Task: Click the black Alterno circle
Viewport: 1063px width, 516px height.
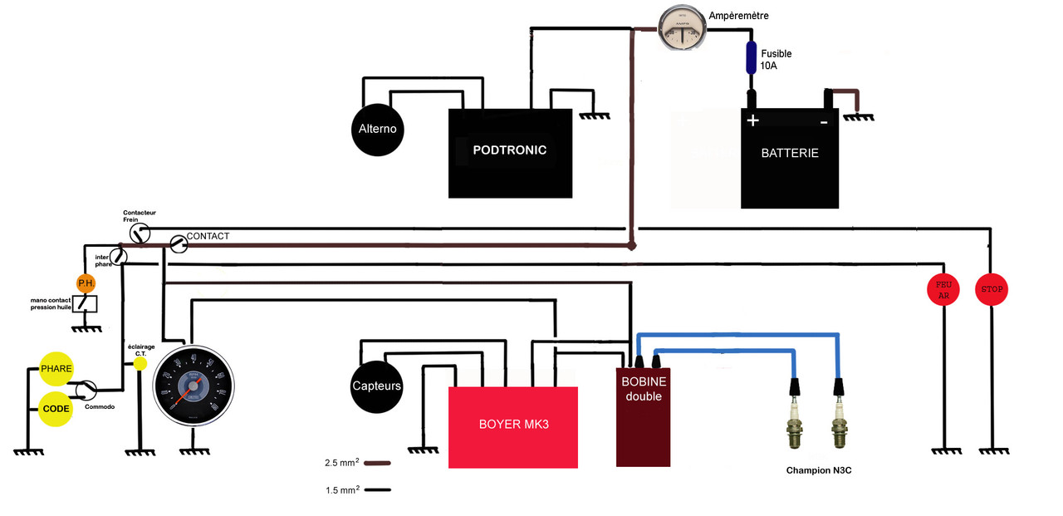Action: pyautogui.click(x=377, y=130)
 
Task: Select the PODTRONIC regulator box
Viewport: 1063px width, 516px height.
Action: pyautogui.click(x=510, y=153)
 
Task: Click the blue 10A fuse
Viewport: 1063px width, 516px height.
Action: pyautogui.click(x=752, y=57)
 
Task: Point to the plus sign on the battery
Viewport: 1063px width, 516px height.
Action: pyautogui.click(x=752, y=120)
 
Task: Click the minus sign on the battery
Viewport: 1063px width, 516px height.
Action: pyautogui.click(x=824, y=121)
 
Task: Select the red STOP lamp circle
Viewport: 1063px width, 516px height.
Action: pyautogui.click(x=992, y=290)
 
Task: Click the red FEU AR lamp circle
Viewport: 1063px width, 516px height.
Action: pyautogui.click(x=943, y=290)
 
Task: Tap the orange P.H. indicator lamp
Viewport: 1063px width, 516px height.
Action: pyautogui.click(x=86, y=283)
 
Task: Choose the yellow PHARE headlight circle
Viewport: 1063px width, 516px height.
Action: pyautogui.click(x=56, y=369)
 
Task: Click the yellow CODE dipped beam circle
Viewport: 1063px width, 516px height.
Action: pyautogui.click(x=56, y=409)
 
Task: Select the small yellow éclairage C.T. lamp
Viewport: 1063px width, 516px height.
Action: pyautogui.click(x=140, y=363)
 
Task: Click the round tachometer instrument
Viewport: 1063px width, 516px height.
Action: pyautogui.click(x=194, y=386)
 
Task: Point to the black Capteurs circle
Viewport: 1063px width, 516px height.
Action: pyautogui.click(x=376, y=386)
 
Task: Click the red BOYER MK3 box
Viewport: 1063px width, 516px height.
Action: pyautogui.click(x=513, y=426)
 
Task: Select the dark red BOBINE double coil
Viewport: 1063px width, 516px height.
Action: pyautogui.click(x=643, y=415)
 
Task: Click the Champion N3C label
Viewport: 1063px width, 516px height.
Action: pyautogui.click(x=819, y=470)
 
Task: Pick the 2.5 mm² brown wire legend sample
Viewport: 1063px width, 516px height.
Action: pyautogui.click(x=378, y=463)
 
